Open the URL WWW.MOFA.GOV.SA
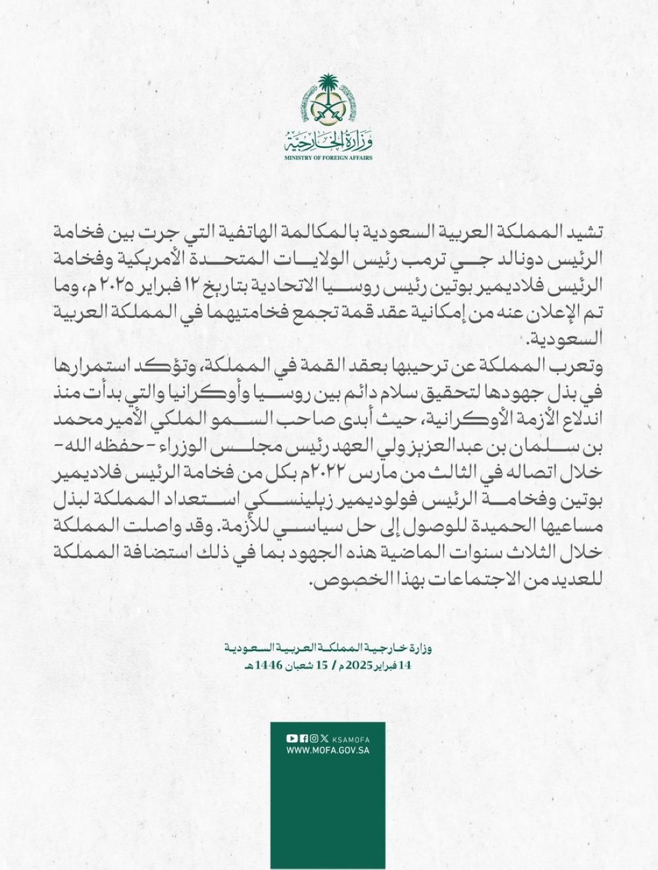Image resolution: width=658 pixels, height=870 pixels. (x=327, y=750)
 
